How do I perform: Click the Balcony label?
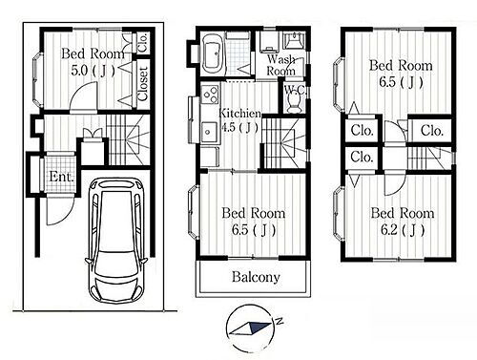click(256, 277)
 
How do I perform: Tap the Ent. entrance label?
click(61, 177)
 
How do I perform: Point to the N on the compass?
click(280, 321)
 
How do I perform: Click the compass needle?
click(250, 328)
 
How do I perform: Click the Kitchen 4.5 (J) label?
click(240, 120)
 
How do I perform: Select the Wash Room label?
click(280, 65)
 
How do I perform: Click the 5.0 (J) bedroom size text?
click(93, 71)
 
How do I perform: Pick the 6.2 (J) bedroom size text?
click(403, 229)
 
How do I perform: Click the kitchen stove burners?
click(210, 94)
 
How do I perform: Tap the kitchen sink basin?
click(209, 131)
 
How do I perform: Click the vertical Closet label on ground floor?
click(143, 84)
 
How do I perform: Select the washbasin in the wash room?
click(295, 40)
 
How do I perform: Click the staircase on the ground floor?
click(128, 139)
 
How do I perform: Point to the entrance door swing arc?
click(60, 212)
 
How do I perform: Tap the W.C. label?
click(295, 90)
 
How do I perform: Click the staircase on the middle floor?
click(284, 143)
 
